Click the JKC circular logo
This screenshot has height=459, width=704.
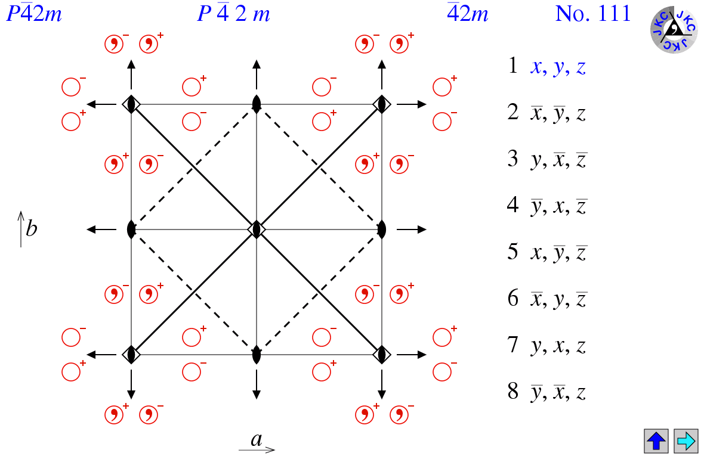click(x=673, y=29)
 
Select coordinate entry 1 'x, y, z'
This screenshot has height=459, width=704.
click(x=558, y=67)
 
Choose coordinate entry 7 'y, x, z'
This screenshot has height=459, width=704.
click(x=558, y=346)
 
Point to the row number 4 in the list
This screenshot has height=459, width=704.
click(x=512, y=206)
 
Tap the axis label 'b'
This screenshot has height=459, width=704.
click(x=31, y=228)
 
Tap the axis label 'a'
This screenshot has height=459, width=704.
click(x=257, y=440)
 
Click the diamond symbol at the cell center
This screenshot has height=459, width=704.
click(x=257, y=229)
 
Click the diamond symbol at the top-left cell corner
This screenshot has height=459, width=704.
click(x=131, y=104)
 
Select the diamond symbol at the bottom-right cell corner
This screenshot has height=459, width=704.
click(x=382, y=355)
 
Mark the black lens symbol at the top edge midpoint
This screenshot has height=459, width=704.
click(x=257, y=104)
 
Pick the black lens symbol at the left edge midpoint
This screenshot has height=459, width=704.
click(x=131, y=229)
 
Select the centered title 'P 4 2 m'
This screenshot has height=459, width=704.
click(x=233, y=14)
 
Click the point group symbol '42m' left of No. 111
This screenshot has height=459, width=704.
click(x=468, y=13)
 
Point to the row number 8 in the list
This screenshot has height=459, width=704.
click(x=512, y=392)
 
